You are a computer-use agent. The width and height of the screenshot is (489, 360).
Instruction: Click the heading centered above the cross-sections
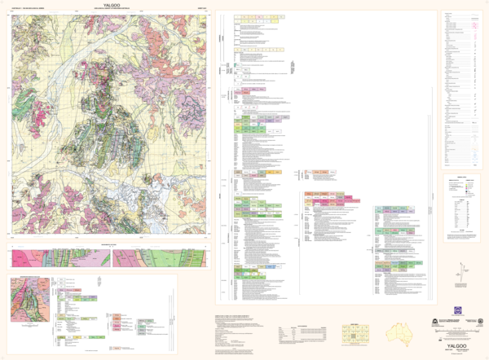(x=109, y=244)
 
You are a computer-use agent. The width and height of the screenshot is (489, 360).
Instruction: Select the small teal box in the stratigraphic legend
(x=236, y=65)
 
